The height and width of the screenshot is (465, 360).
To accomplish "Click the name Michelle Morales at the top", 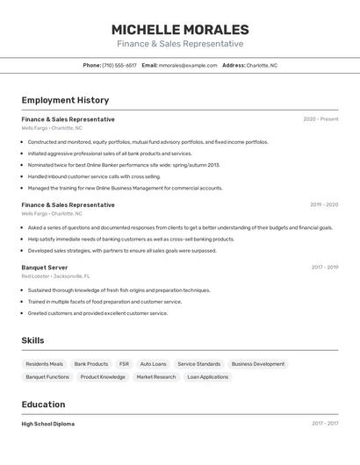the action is click(180, 29).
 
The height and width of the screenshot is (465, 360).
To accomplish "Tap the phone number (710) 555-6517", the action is click(119, 65).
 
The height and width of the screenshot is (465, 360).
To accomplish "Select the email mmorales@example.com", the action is click(188, 65).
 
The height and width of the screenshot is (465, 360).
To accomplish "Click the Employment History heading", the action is click(65, 100).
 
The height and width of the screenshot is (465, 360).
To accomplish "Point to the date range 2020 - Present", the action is click(320, 119).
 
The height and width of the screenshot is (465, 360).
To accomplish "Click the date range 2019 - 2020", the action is click(324, 204).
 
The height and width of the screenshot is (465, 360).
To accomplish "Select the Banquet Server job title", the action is click(45, 267).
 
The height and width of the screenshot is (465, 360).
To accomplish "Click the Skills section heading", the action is click(33, 340).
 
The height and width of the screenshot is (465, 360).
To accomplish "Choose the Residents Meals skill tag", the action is click(45, 364).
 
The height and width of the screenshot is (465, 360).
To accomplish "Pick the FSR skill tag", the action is click(124, 364).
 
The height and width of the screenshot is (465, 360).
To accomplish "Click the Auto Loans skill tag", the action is click(153, 364).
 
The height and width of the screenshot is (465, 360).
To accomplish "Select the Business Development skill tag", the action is click(258, 364).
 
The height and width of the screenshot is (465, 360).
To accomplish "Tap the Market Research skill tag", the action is click(156, 377).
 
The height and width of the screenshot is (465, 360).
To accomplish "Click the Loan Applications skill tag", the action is click(207, 377).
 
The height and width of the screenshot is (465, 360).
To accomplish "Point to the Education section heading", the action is click(44, 404).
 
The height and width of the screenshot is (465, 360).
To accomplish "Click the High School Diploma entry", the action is click(48, 424).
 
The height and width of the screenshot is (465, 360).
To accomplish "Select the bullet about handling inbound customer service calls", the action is click(95, 176).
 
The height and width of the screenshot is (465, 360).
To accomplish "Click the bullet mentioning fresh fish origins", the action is click(119, 290).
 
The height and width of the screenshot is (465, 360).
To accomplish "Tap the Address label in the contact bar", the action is click(234, 65).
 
